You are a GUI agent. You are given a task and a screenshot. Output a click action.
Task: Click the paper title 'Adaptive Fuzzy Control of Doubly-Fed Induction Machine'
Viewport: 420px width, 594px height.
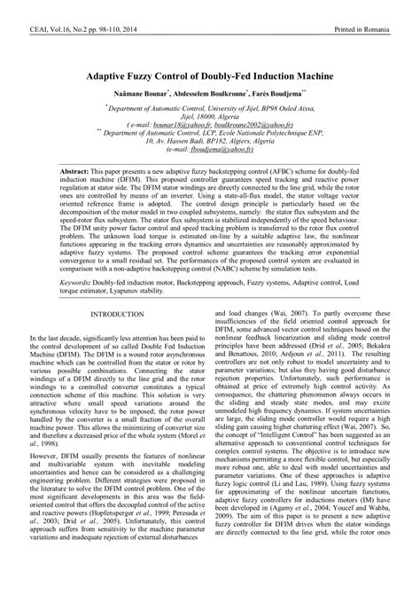click(x=210, y=76)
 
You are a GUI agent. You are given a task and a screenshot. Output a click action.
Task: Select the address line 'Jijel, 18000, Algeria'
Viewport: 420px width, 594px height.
click(x=210, y=118)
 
